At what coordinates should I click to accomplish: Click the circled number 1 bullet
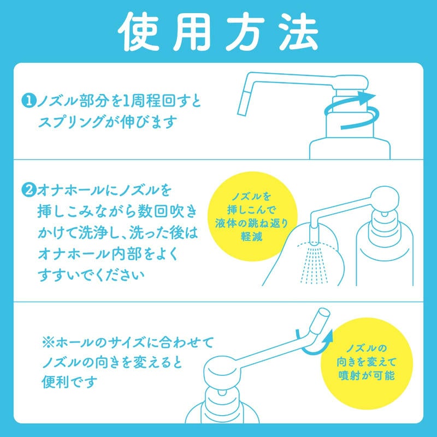pyautogui.click(x=28, y=101)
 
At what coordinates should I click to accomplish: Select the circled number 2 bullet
pyautogui.click(x=28, y=190)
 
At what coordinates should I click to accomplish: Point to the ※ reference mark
pyautogui.click(x=49, y=342)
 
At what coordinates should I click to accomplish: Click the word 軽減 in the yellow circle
pyautogui.click(x=252, y=237)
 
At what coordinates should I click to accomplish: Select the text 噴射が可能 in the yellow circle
pyautogui.click(x=366, y=375)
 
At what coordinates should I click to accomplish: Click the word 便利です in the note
pyautogui.click(x=69, y=382)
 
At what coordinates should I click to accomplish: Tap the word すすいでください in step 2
pyautogui.click(x=91, y=275)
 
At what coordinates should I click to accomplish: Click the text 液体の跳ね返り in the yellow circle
pyautogui.click(x=251, y=223)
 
